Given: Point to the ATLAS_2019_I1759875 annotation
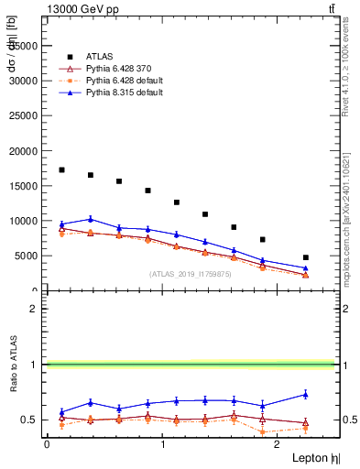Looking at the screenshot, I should pos(189,273).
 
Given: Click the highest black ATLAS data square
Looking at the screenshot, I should pos(61,169).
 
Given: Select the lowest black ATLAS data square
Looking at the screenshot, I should pos(306,257).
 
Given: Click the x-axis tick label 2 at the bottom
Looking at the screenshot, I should pos(279,443).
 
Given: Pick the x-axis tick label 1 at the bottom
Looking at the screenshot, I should pos(163,443).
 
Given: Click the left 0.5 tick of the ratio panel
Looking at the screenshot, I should pos(32,420).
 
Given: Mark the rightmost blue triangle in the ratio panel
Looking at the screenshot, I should pos(306,394).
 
